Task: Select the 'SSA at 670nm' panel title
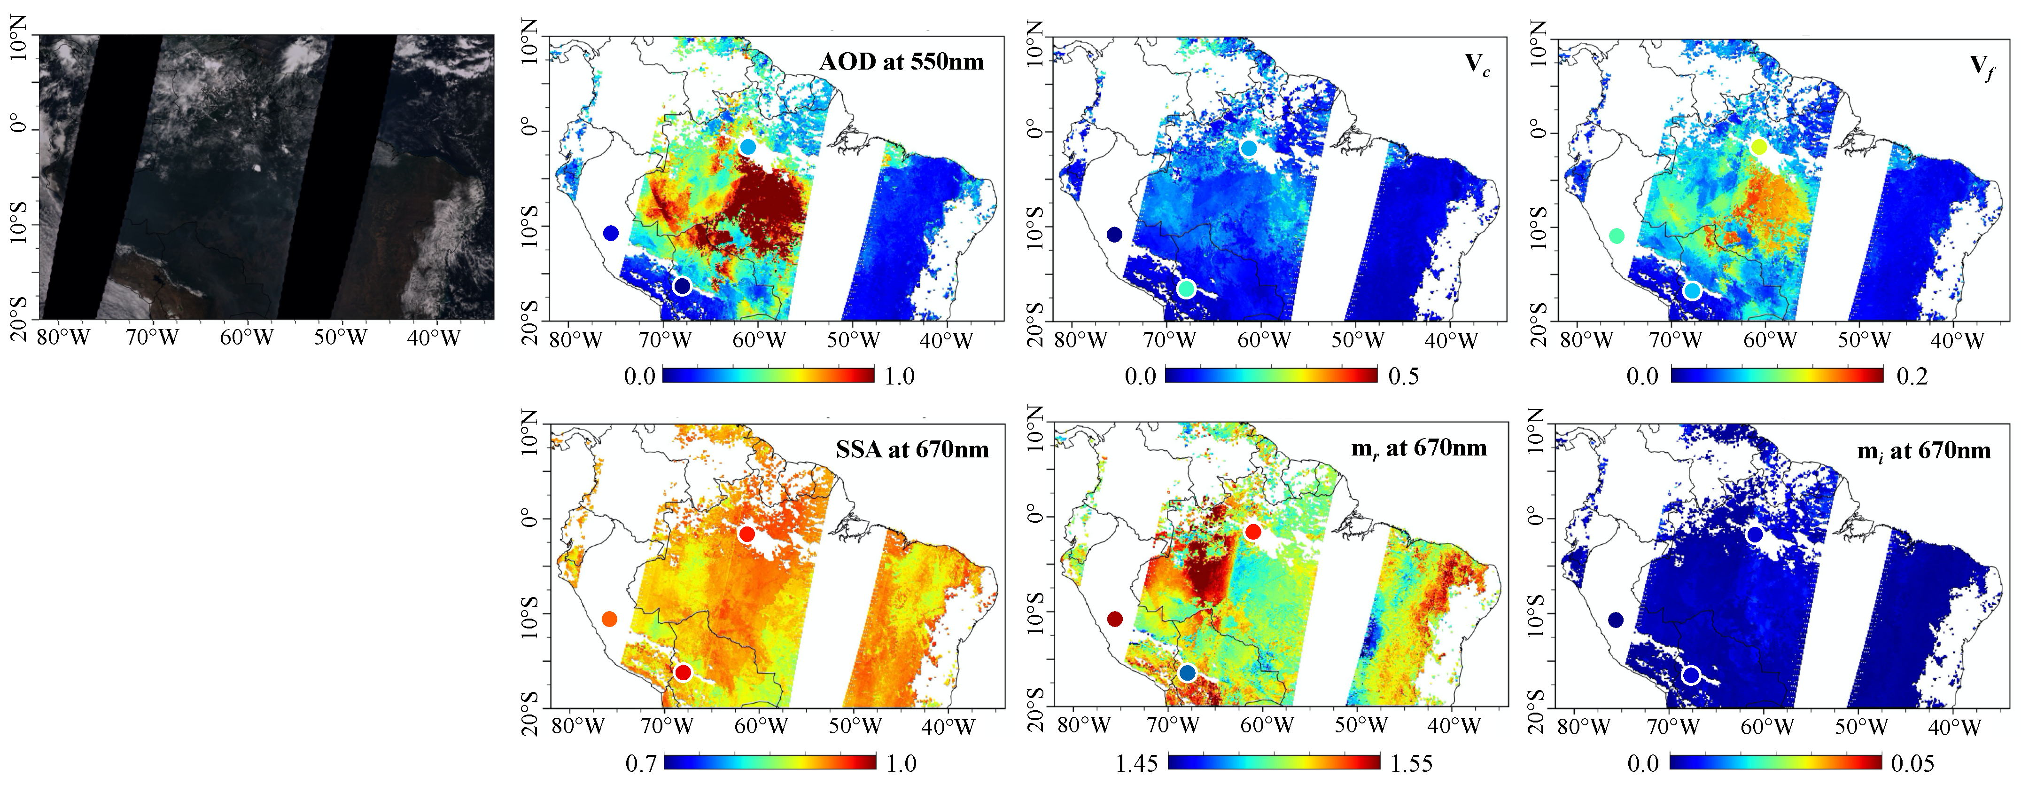coord(912,450)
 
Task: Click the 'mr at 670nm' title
coord(1418,448)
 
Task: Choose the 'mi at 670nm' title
coord(1924,451)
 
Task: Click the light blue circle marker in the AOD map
coord(748,147)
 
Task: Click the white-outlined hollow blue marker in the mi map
coord(1691,675)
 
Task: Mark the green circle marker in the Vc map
coord(1186,289)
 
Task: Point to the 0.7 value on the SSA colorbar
coord(640,763)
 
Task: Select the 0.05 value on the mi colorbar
coord(1913,763)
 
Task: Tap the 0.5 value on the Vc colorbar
coord(1404,376)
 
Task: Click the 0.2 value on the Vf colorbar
coord(1912,376)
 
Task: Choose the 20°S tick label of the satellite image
coord(19,317)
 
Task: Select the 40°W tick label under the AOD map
coord(946,341)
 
